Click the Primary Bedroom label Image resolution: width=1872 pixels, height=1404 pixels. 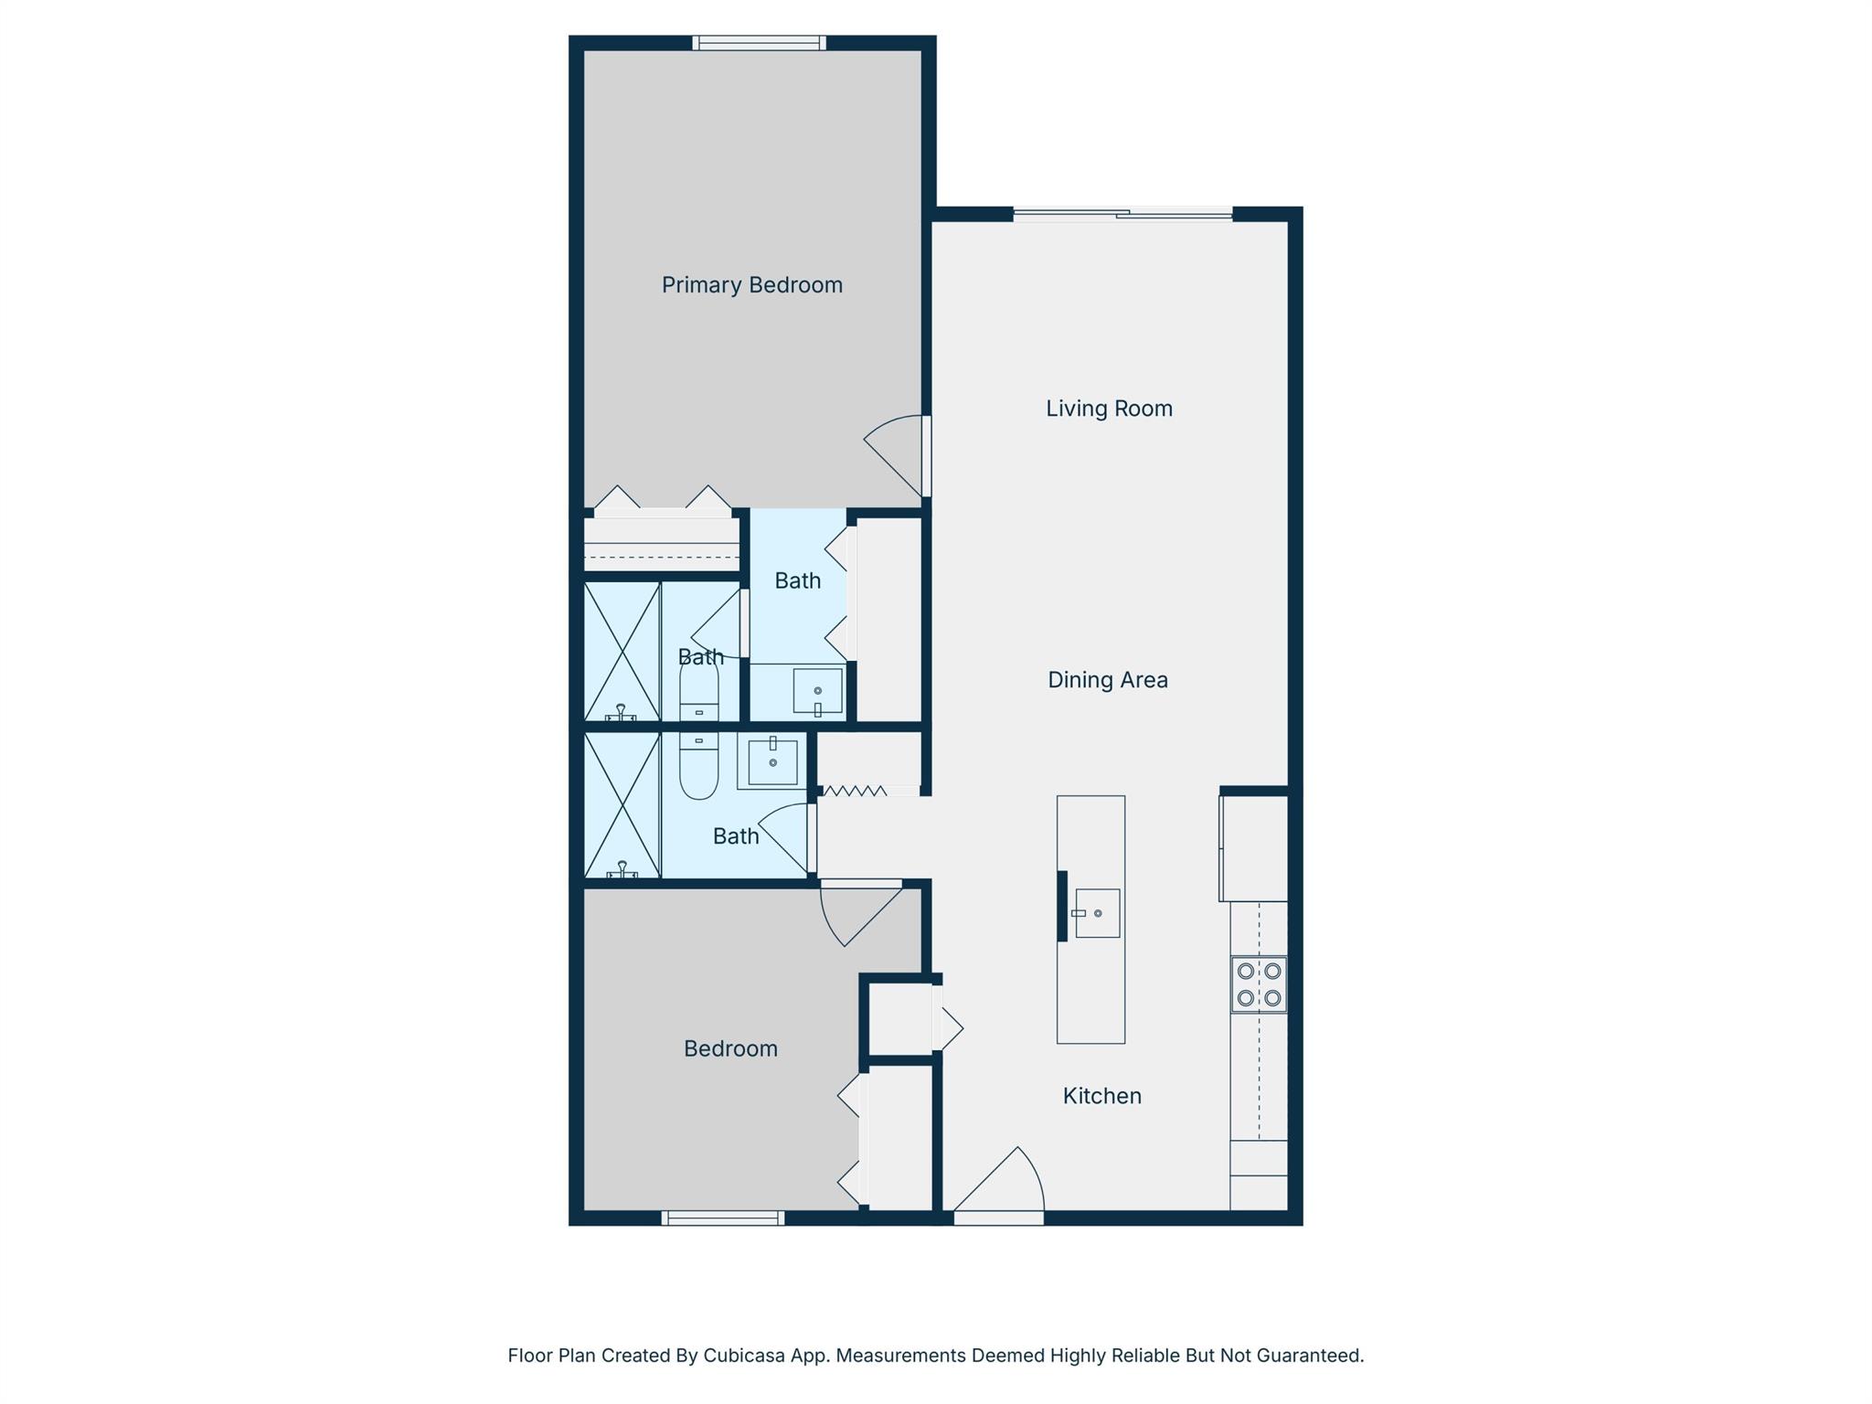point(752,285)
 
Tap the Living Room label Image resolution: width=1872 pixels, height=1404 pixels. point(1109,409)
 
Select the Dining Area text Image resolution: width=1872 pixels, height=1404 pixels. point(1108,680)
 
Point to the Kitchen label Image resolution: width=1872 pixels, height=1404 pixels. point(1101,1096)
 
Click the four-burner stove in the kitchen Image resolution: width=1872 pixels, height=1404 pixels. point(1259,984)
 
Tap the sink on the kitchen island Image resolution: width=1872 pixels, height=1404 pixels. point(1096,913)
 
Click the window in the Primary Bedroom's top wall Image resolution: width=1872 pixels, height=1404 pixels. point(759,42)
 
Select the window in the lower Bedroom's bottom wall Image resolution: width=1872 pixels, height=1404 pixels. point(723,1218)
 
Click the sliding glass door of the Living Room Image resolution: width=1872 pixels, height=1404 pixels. point(1122,215)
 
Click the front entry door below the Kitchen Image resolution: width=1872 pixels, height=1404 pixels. point(998,1186)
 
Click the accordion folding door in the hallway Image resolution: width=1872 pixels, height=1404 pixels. point(855,791)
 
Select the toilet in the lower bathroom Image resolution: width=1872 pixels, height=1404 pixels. point(699,766)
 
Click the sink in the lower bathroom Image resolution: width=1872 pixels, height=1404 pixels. point(772,761)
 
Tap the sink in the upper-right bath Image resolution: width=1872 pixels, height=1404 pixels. point(817,691)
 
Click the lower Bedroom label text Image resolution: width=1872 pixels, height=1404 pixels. point(730,1049)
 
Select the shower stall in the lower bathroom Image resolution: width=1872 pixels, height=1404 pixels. point(622,805)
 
